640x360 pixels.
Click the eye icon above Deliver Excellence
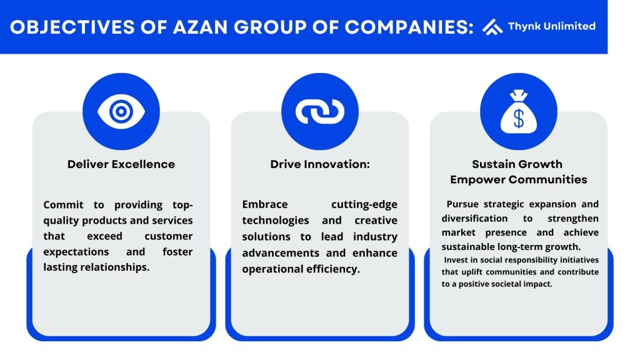121,111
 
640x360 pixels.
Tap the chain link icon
320,111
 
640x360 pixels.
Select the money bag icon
519,111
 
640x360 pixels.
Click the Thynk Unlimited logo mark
492,27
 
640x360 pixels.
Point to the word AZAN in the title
200,27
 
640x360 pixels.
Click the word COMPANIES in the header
409,27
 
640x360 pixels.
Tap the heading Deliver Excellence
121,164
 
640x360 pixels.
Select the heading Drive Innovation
320,164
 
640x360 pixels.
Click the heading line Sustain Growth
517,164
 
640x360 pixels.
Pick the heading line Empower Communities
519,179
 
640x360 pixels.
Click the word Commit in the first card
63,204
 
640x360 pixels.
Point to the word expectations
76,252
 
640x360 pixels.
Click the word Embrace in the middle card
265,204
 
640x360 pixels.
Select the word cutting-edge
364,205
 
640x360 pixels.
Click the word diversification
475,218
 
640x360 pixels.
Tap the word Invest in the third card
456,260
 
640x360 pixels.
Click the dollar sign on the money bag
519,119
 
